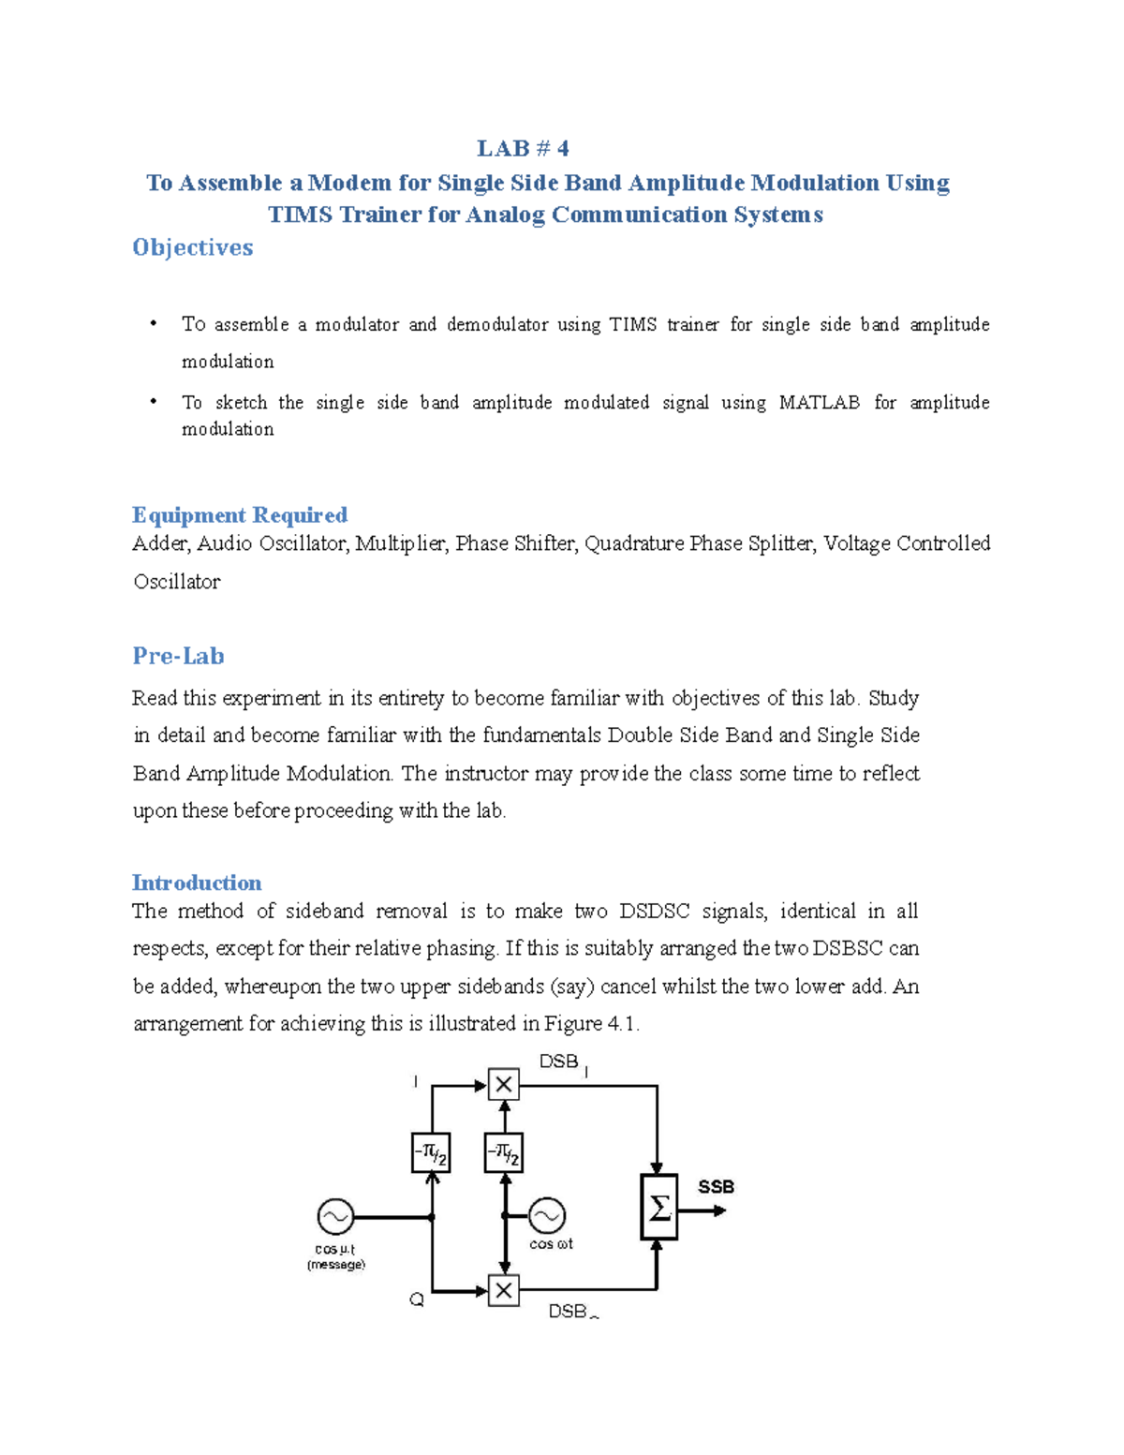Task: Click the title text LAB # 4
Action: [x=523, y=149]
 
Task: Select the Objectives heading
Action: [x=192, y=247]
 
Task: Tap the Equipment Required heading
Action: [x=240, y=515]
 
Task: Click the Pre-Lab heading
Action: [x=178, y=656]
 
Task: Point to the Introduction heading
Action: [x=197, y=883]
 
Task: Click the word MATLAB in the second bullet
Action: [x=819, y=403]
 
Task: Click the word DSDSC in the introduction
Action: [x=654, y=912]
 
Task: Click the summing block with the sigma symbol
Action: [x=658, y=1208]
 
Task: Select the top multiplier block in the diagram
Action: [x=504, y=1085]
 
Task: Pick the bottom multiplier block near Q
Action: [x=504, y=1290]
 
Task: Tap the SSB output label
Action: [x=716, y=1187]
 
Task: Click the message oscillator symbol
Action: [x=335, y=1217]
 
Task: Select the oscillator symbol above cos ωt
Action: [x=547, y=1216]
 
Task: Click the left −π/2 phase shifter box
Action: [x=431, y=1153]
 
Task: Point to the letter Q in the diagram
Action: [x=417, y=1299]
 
